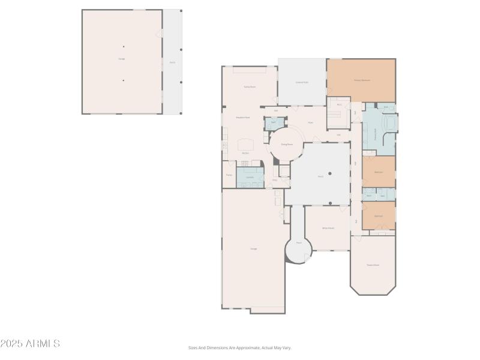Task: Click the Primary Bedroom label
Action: [361, 80]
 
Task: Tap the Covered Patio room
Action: [301, 82]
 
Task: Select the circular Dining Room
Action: [287, 145]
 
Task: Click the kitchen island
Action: [246, 145]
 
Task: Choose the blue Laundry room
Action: [250, 178]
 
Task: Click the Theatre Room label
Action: [373, 265]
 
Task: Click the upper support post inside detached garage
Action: [124, 46]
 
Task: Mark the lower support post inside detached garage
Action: [124, 80]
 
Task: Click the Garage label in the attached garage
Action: [253, 248]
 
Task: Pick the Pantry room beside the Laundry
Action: [229, 175]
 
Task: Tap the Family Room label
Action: [250, 87]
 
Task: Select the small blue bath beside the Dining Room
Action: [273, 122]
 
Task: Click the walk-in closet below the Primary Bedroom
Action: [338, 112]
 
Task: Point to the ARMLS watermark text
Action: [30, 344]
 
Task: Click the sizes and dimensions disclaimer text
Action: [240, 347]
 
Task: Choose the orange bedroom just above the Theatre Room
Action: [379, 215]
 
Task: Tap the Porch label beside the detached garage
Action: [172, 62]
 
